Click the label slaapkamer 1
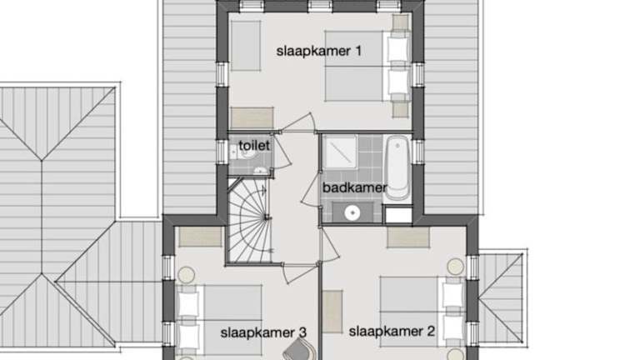[x=319, y=52]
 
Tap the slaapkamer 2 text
[x=392, y=332]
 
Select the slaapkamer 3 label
[x=263, y=332]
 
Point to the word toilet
[x=254, y=145]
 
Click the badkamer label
[x=354, y=187]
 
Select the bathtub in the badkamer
[x=397, y=167]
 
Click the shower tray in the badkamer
[x=340, y=152]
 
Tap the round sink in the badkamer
[x=352, y=212]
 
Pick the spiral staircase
[x=249, y=220]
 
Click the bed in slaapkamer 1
[x=367, y=67]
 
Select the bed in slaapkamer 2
[x=422, y=312]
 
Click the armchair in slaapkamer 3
[x=300, y=351]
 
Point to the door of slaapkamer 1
[x=298, y=122]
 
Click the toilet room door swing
[x=281, y=151]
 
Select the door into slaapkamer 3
[x=300, y=272]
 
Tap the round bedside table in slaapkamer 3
[x=186, y=275]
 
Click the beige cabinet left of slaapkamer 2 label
[x=332, y=312]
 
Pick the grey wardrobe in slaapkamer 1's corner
[x=246, y=46]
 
